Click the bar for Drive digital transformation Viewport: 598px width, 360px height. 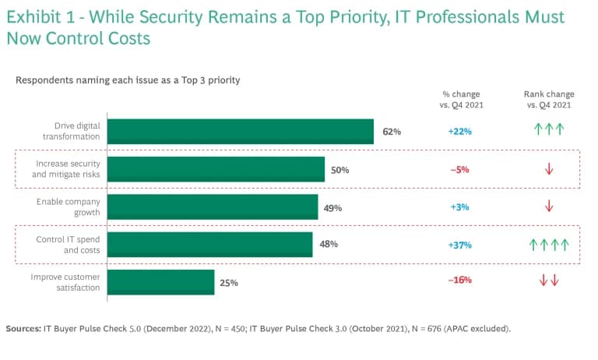[241, 132]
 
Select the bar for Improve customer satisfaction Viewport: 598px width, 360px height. [161, 282]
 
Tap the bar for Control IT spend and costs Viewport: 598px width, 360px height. [209, 245]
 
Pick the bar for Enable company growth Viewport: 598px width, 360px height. [213, 207]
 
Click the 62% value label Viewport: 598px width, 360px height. [392, 132]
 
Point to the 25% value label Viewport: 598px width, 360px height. [229, 283]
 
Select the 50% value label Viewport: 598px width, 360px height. [339, 170]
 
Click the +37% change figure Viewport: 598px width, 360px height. [460, 245]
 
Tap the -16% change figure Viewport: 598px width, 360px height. [460, 280]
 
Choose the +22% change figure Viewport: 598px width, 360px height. [460, 132]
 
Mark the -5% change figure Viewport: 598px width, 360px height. [460, 170]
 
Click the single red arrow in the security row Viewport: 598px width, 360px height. [549, 169]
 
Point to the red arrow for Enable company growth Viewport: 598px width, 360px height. [549, 206]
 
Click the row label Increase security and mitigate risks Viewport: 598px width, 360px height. [66, 169]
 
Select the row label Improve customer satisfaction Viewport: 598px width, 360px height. [65, 282]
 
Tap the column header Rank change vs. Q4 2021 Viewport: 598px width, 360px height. [549, 99]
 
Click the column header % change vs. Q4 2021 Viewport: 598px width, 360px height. [461, 99]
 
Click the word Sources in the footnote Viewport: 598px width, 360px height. [23, 329]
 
